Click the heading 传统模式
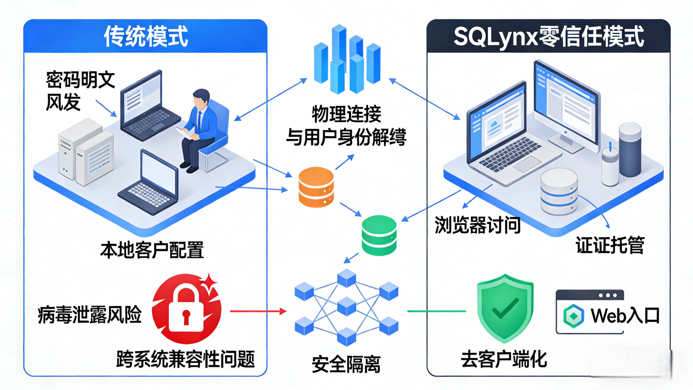[146, 37]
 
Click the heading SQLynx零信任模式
[548, 37]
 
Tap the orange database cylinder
[316, 187]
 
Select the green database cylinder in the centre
[379, 235]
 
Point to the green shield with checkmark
[505, 307]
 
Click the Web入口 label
[624, 316]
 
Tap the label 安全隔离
[346, 364]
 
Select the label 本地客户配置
[152, 250]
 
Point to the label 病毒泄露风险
[90, 315]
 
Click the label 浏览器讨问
[477, 225]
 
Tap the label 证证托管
[610, 245]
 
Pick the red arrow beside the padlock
[258, 311]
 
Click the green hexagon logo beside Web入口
[574, 316]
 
